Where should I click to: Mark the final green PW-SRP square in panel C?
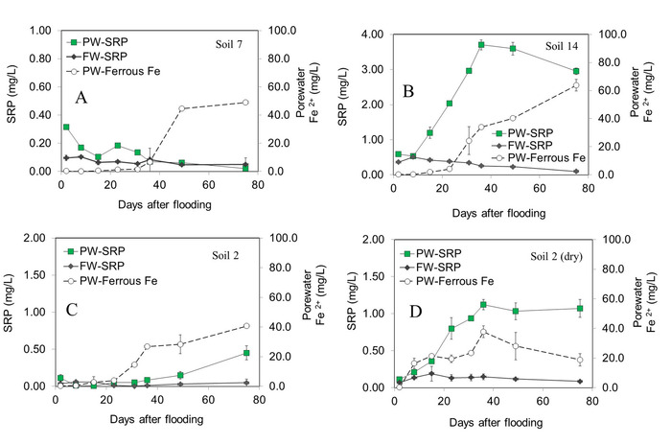pyautogui.click(x=245, y=353)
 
